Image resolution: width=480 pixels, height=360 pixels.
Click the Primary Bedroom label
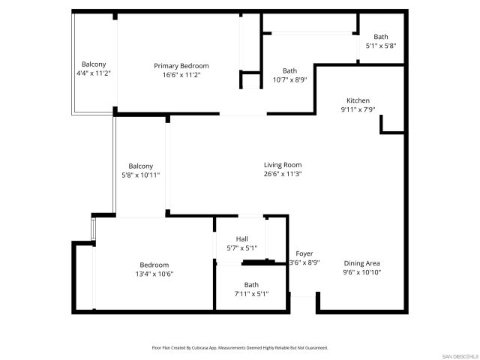tap(181, 66)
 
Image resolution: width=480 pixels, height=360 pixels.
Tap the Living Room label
tap(283, 165)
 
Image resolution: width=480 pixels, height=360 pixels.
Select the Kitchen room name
tap(358, 100)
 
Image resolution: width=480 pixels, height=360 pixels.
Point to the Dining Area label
tap(362, 263)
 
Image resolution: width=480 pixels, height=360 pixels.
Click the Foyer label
tap(304, 253)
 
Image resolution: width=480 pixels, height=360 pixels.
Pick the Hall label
tap(242, 239)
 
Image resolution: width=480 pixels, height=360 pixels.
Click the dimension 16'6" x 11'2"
tap(181, 75)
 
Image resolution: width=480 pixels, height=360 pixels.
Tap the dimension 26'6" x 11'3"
tap(283, 174)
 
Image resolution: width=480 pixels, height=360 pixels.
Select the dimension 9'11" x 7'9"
tap(358, 109)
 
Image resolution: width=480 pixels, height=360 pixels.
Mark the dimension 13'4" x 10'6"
tap(154, 274)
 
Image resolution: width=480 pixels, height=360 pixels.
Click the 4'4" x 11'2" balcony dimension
tap(94, 73)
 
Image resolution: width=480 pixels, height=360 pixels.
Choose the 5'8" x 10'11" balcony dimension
tap(140, 175)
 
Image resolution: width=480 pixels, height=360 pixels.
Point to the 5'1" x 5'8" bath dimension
tap(381, 46)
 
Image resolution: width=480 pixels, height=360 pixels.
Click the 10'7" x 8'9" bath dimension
tap(289, 79)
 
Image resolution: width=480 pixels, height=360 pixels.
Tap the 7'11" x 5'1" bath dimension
tap(250, 293)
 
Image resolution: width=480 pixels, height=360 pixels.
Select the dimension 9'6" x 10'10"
tap(362, 272)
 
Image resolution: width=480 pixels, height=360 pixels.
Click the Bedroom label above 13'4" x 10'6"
tap(154, 265)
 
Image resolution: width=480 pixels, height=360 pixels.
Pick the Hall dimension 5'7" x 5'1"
tap(242, 248)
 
